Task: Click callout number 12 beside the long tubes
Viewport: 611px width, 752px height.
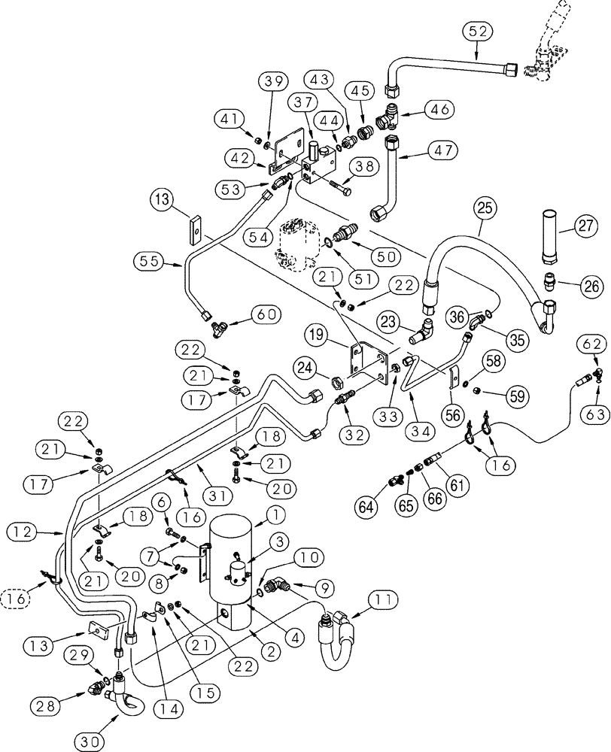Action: (x=21, y=532)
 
